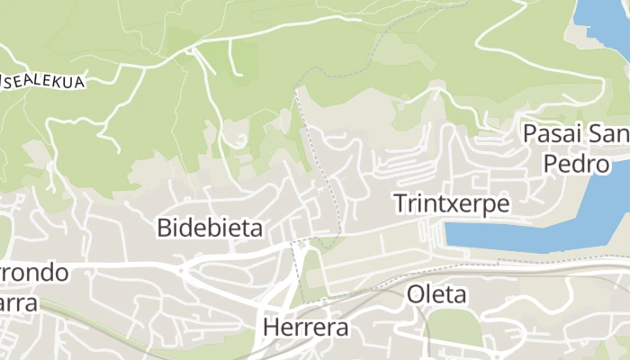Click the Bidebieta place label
point(210,228)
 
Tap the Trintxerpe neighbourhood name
point(451,203)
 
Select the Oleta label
point(436,293)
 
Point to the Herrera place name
point(305,328)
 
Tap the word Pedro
point(576,165)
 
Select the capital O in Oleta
point(416,293)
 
